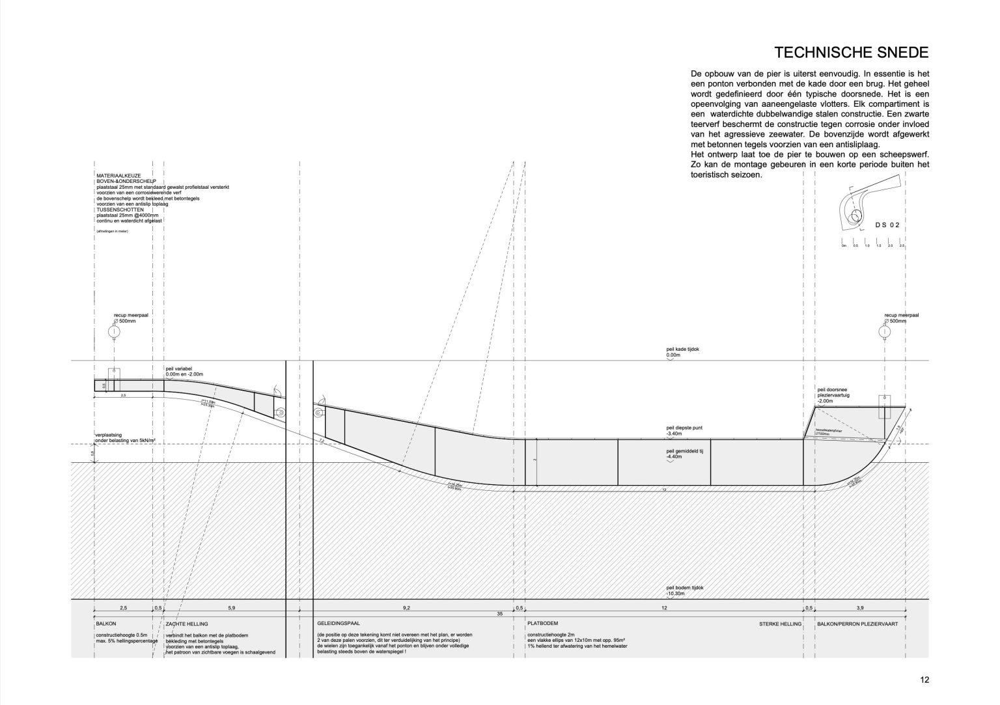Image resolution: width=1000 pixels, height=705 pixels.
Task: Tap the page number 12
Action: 924,680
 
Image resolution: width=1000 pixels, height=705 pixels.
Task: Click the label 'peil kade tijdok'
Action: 682,350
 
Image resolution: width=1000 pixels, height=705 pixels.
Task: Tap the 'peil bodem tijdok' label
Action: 685,588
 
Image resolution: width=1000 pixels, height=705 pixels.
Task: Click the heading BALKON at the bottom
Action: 105,624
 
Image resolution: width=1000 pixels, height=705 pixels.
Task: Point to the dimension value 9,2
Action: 406,607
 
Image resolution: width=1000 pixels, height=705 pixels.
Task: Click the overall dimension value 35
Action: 499,614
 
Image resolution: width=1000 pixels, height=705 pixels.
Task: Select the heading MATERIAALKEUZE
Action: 115,176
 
